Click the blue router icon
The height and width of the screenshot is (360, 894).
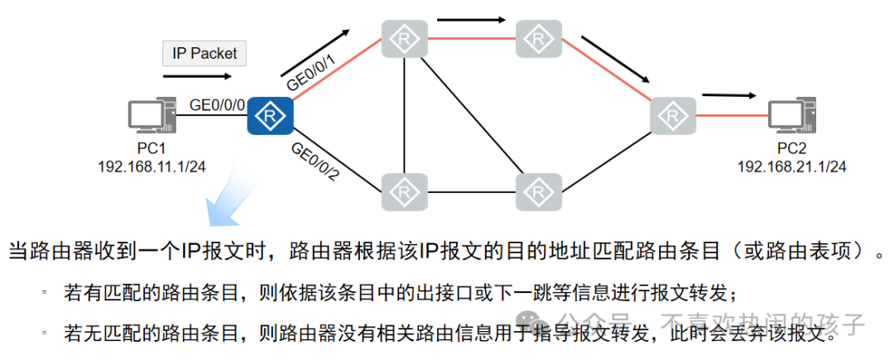pyautogui.click(x=271, y=115)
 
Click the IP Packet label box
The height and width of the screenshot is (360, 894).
pyautogui.click(x=204, y=54)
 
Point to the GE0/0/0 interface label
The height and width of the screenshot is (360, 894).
pyautogui.click(x=218, y=105)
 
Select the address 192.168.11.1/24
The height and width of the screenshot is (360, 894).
pyautogui.click(x=152, y=166)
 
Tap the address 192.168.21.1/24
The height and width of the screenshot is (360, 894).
pyautogui.click(x=792, y=166)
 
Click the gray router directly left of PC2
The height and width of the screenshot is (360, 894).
pyautogui.click(x=673, y=117)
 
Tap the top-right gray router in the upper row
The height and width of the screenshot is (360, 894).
pyautogui.click(x=539, y=38)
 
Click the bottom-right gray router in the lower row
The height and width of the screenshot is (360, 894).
pyautogui.click(x=539, y=191)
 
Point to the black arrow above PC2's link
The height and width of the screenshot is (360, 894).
pyautogui.click(x=728, y=94)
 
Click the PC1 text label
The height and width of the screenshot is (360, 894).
pyautogui.click(x=152, y=150)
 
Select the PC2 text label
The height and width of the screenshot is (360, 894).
pyautogui.click(x=791, y=150)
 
